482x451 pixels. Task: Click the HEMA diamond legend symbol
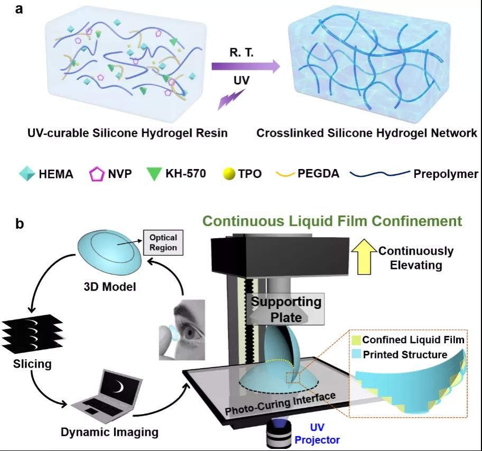(26, 173)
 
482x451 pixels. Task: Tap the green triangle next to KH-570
(154, 174)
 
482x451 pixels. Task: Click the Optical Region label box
(163, 242)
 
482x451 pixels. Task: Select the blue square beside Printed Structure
(357, 354)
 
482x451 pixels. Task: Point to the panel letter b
(20, 224)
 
